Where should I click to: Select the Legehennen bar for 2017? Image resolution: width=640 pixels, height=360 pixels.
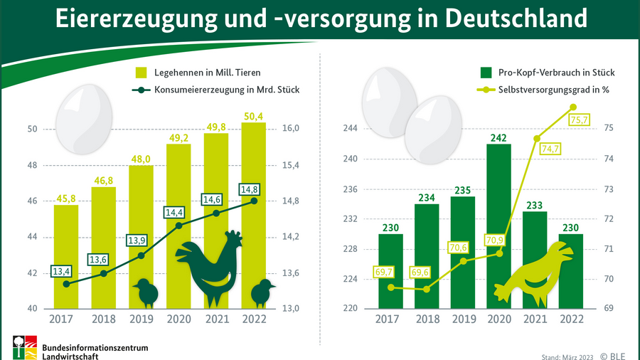point(65,256)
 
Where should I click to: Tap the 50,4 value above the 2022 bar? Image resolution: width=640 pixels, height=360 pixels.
point(254,116)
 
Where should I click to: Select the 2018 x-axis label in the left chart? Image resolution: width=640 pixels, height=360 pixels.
point(103,319)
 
